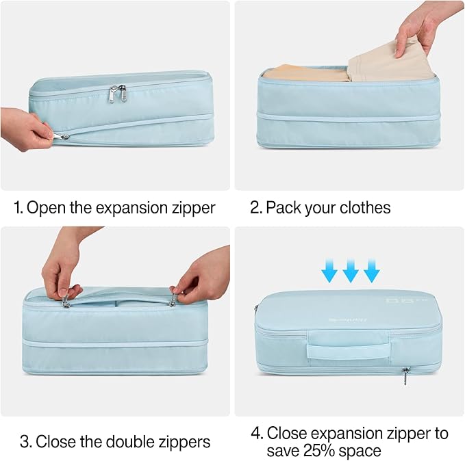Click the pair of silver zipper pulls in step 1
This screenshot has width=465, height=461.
pyautogui.click(x=117, y=94)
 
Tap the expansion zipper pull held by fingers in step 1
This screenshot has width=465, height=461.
pyautogui.click(x=64, y=136)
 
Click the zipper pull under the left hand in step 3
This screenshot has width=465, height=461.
pyautogui.click(x=66, y=302)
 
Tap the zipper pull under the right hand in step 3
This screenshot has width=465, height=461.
pyautogui.click(x=173, y=299)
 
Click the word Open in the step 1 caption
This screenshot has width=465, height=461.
pyautogui.click(x=47, y=208)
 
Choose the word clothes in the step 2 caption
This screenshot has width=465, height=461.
pyautogui.click(x=363, y=208)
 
